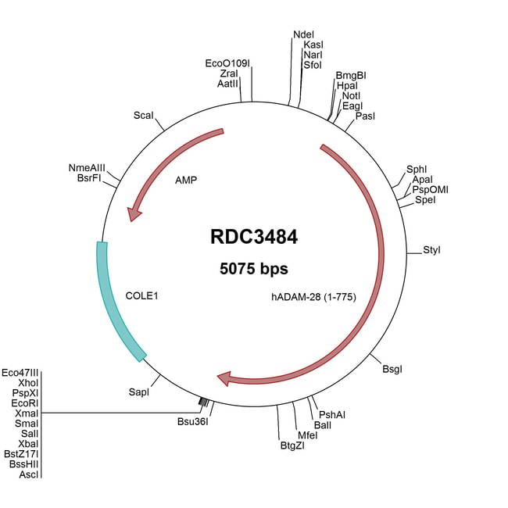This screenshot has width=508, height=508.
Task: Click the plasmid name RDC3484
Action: [x=254, y=236]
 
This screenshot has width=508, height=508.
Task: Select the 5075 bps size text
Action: [x=254, y=269]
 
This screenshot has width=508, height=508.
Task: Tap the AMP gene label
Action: [x=186, y=180]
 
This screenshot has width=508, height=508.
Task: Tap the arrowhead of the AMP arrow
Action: [x=135, y=210]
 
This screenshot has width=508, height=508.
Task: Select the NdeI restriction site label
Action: [x=303, y=35]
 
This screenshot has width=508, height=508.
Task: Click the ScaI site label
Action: [x=144, y=115]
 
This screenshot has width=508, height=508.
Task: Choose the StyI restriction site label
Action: [x=432, y=250]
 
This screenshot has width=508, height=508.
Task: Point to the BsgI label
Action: [x=393, y=367]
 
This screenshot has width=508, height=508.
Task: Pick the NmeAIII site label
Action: [x=87, y=167]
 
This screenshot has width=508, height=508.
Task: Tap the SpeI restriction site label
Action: [x=425, y=200]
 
